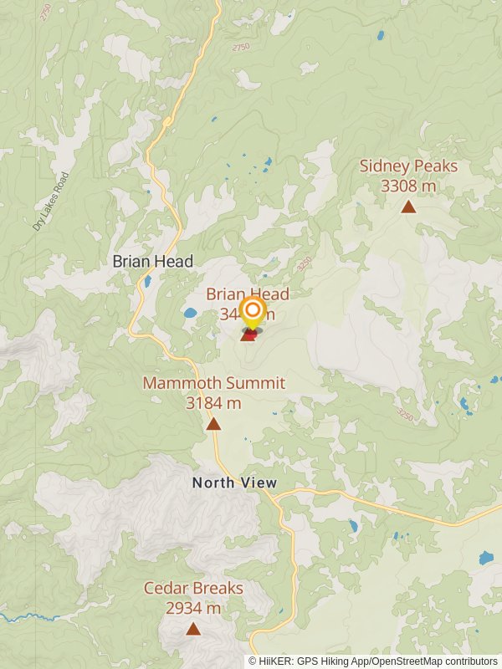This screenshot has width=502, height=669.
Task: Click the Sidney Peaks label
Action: [x=408, y=166]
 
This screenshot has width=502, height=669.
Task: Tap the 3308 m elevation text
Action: [x=408, y=186]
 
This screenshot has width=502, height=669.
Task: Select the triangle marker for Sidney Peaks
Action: [x=408, y=207]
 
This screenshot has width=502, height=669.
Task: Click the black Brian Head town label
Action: [x=153, y=261]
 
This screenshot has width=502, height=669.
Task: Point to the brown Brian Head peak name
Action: [x=248, y=294]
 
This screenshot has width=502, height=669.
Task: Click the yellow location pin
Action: [x=251, y=314]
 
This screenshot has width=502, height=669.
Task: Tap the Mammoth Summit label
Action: [x=213, y=383]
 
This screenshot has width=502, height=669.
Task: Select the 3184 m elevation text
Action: [x=213, y=403]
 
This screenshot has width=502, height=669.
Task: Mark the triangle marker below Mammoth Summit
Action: [x=213, y=424]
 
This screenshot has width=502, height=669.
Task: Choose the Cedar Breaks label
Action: [x=193, y=588]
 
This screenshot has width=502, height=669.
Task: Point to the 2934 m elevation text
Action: [x=193, y=608]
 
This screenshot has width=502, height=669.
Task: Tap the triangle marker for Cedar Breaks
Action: [x=193, y=629]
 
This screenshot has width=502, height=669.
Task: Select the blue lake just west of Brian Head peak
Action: [x=190, y=314]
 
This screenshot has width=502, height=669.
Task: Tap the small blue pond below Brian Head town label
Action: [x=147, y=282]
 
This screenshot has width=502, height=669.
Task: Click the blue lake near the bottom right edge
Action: [x=485, y=557]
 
